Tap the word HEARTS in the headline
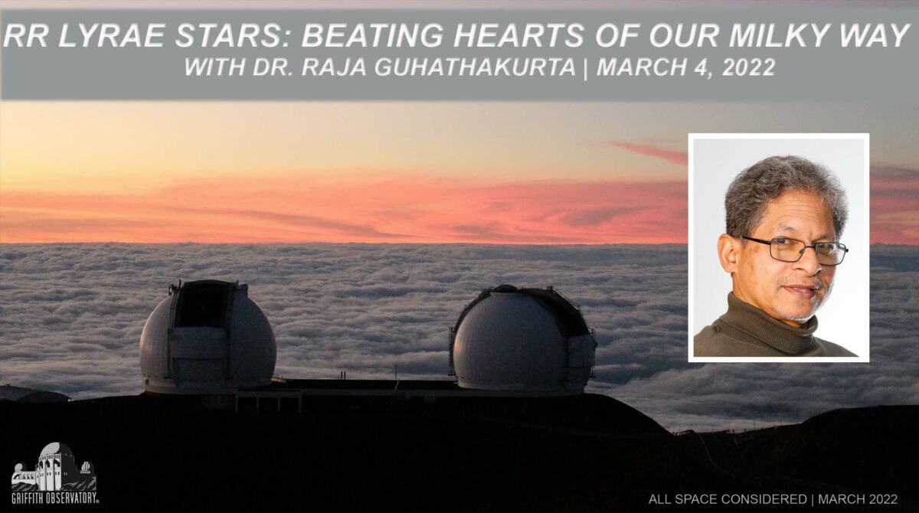click(518, 35)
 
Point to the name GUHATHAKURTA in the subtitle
click(475, 67)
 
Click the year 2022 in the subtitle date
click(748, 67)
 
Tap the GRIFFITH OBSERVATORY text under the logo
click(55, 498)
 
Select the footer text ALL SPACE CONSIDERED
click(728, 499)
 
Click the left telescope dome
click(208, 336)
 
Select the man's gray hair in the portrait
click(783, 193)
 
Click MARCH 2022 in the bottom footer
click(858, 499)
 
